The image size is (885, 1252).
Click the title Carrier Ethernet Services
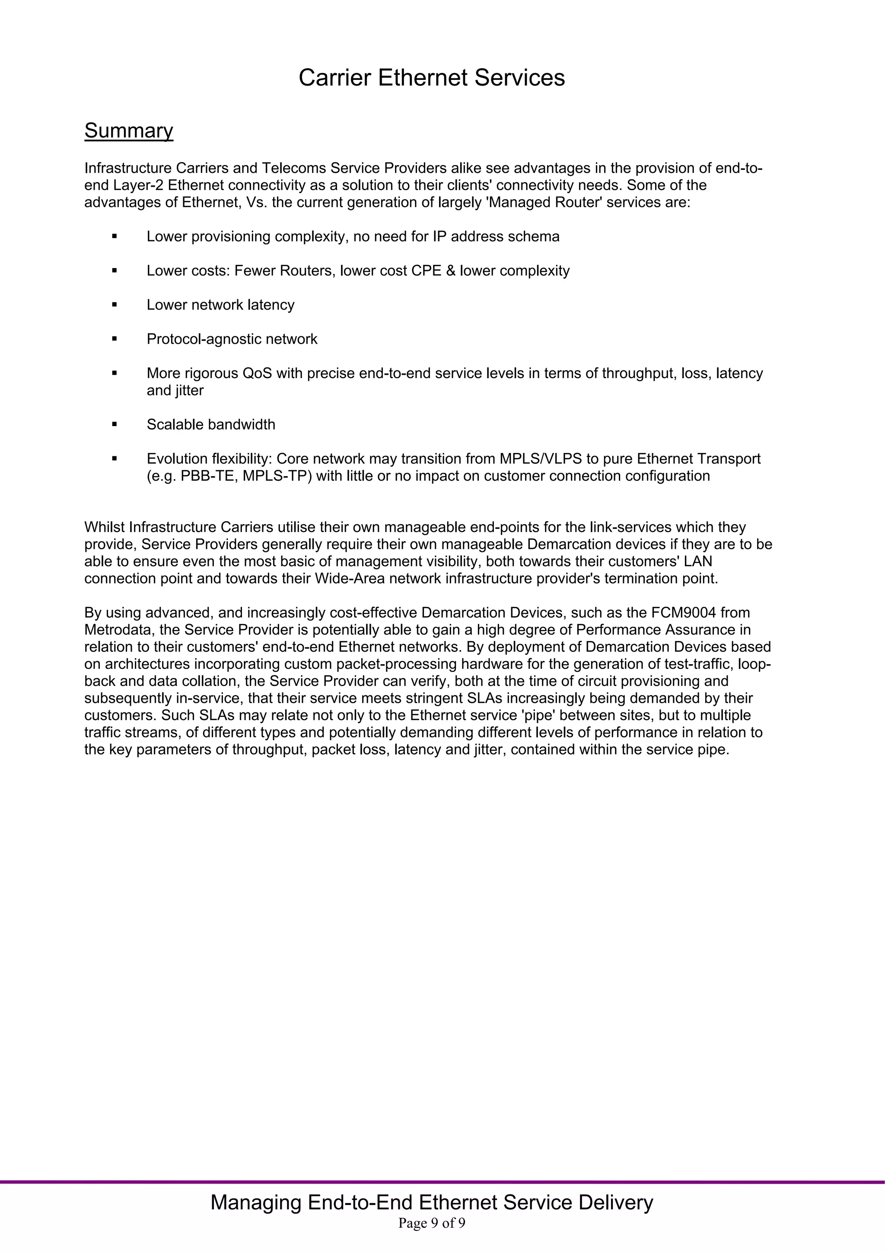[431, 77]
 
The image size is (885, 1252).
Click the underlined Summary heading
[129, 131]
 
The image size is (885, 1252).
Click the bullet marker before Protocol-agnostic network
[115, 339]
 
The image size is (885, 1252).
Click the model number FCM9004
[684, 612]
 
